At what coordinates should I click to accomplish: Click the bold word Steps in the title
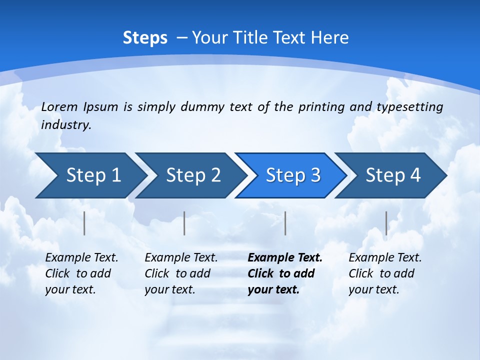(x=145, y=38)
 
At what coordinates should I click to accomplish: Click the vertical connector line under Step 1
(x=84, y=223)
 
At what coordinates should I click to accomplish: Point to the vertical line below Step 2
(x=184, y=223)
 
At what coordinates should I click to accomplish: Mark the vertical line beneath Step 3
(x=285, y=223)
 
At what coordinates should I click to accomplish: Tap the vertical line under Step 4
(x=386, y=223)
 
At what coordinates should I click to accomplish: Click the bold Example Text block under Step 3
(x=285, y=273)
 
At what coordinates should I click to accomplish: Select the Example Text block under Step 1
(x=81, y=273)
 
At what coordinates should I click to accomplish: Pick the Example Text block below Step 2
(x=181, y=273)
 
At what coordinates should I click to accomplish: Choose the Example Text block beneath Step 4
(x=385, y=273)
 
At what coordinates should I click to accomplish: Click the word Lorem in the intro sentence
(x=59, y=106)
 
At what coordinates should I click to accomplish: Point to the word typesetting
(x=409, y=106)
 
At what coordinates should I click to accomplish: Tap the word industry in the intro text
(x=65, y=124)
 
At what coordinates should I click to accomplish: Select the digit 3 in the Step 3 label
(x=315, y=175)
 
